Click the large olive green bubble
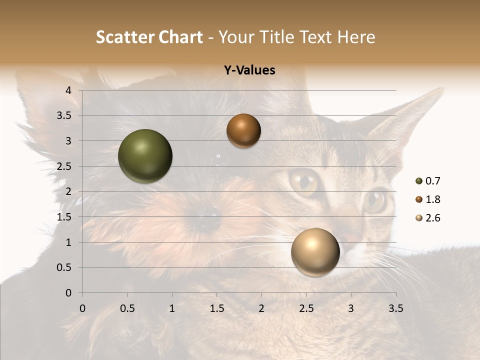(x=145, y=156)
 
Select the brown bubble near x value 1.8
(x=243, y=130)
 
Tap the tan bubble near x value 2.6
(x=315, y=252)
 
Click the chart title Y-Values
(x=249, y=70)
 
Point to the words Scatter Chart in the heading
(x=149, y=37)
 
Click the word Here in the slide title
(x=355, y=37)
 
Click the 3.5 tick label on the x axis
(x=395, y=308)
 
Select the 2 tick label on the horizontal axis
(x=261, y=308)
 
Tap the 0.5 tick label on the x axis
(x=127, y=308)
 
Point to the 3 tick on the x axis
(x=351, y=308)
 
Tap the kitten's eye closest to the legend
(x=375, y=201)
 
